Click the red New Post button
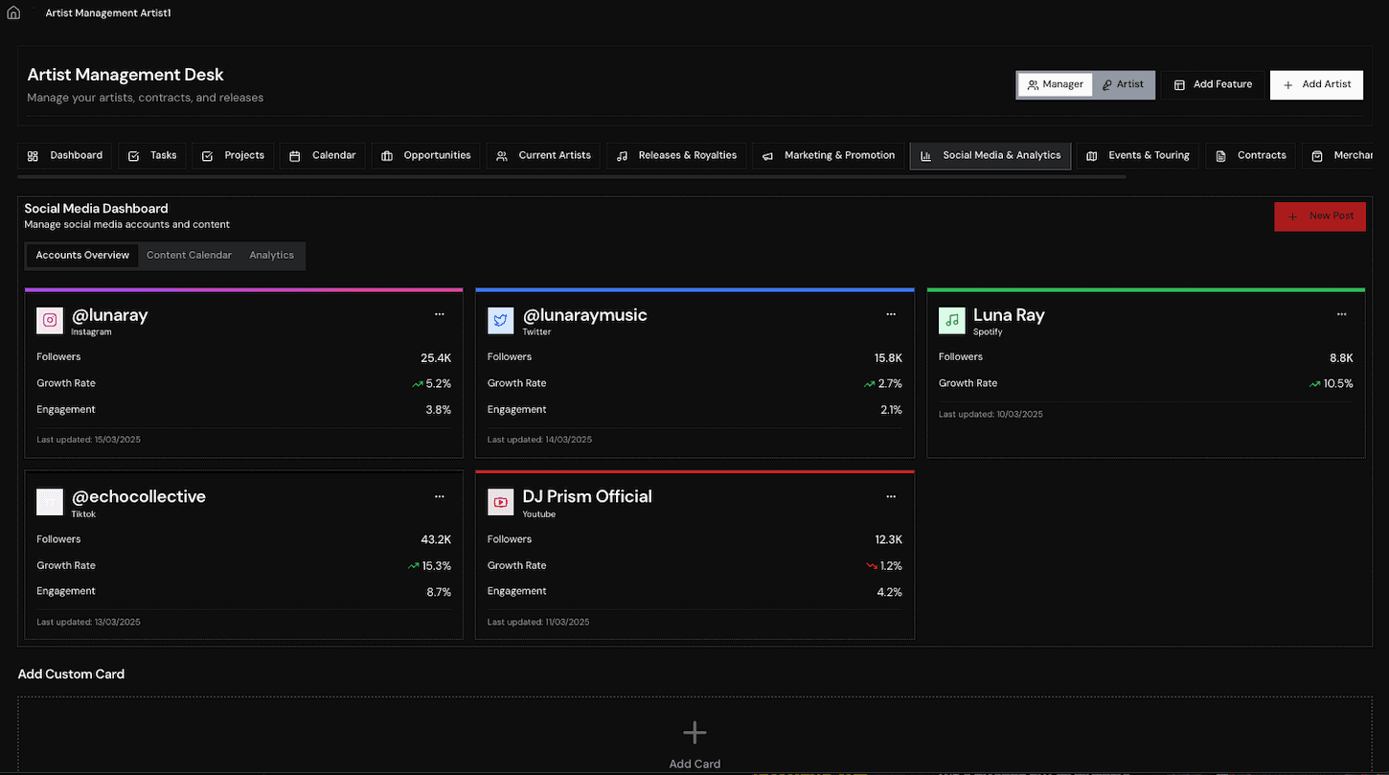coord(1320,217)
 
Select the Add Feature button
coord(1213,84)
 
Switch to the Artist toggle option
coord(1123,84)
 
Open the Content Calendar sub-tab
coord(189,256)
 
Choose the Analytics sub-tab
coord(272,256)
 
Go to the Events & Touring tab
coord(1138,155)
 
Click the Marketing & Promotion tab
coord(828,155)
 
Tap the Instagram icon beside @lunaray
coord(50,321)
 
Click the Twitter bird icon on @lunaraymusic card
coord(500,321)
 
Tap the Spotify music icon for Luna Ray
coord(952,321)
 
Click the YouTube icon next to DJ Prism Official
coord(500,502)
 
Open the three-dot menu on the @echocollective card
coord(439,496)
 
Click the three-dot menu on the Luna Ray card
coord(1341,314)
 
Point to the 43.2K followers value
coord(436,539)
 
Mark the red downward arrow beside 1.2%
coord(872,565)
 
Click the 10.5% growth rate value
coord(1338,384)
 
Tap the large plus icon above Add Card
coord(694,733)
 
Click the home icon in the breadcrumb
coord(13,13)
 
